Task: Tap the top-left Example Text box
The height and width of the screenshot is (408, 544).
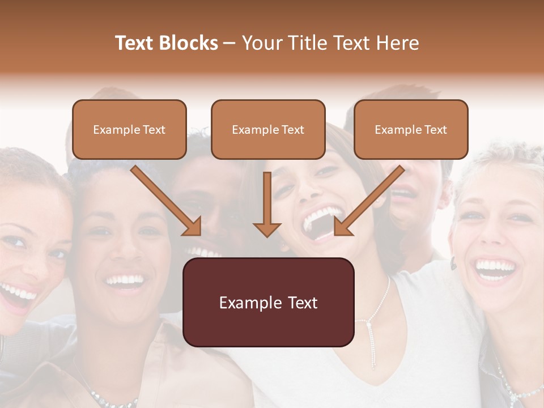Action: pyautogui.click(x=129, y=129)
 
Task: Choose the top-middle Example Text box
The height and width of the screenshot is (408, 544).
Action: pyautogui.click(x=268, y=129)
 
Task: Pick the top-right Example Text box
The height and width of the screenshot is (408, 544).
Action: pyautogui.click(x=411, y=129)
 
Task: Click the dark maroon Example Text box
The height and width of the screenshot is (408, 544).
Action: pyautogui.click(x=268, y=302)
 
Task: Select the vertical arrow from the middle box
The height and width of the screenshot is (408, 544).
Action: pyautogui.click(x=267, y=204)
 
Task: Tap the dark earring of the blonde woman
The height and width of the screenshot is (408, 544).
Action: pyautogui.click(x=453, y=263)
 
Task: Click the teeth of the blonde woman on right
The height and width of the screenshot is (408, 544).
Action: pyautogui.click(x=494, y=266)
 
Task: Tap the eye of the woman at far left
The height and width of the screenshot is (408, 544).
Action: pyautogui.click(x=16, y=243)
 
